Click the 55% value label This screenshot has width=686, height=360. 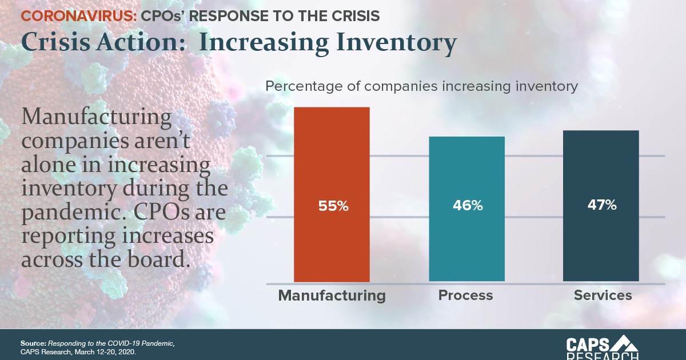tap(333, 206)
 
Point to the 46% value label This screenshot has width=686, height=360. tap(468, 206)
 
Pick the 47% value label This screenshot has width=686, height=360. tap(601, 206)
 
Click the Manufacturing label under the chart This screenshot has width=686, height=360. tap(332, 295)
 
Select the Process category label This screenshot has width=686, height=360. tap(465, 295)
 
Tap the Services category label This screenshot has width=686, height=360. tap(603, 295)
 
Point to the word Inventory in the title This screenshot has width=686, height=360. tap(394, 43)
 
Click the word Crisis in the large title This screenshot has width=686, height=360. tap(54, 43)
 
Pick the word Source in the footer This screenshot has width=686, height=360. tap(33, 343)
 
